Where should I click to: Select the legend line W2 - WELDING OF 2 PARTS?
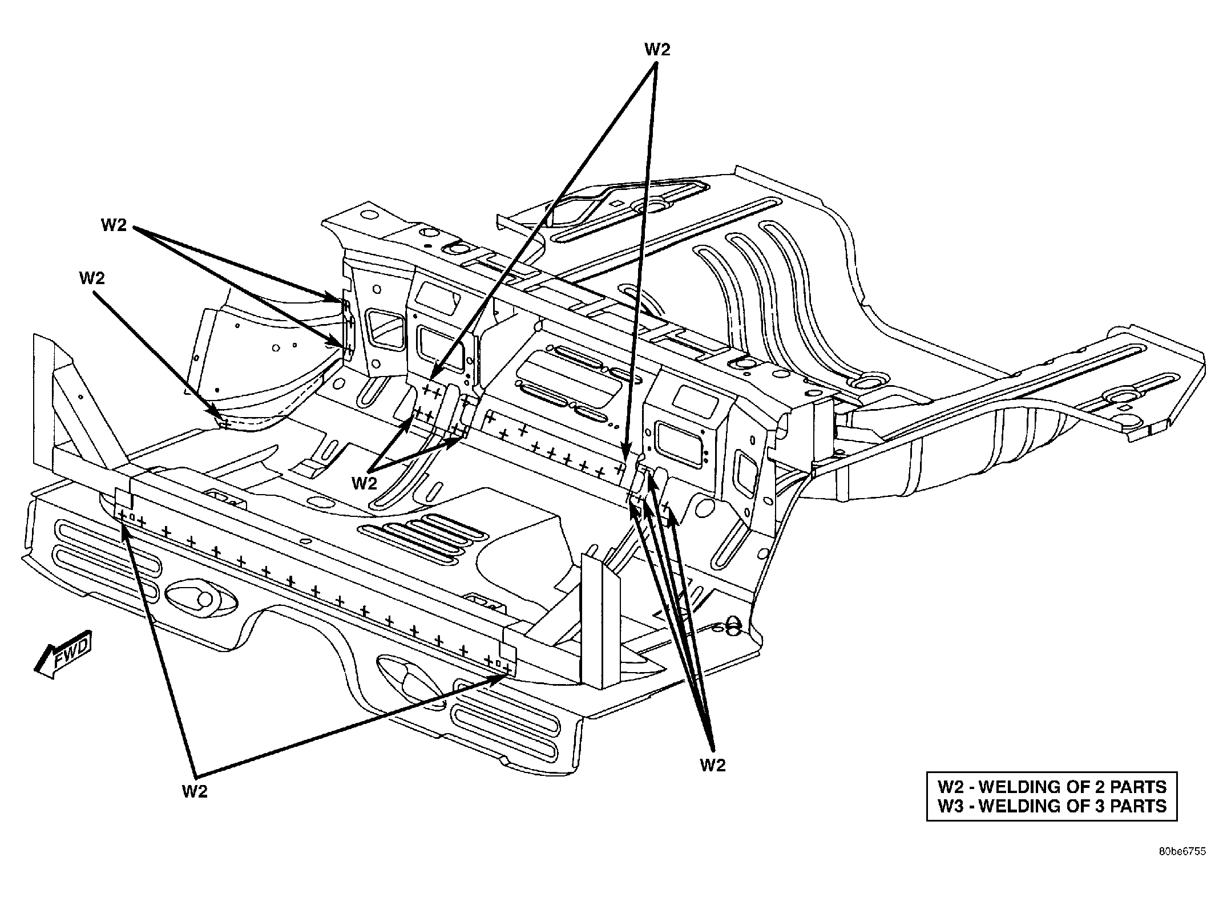click(1052, 787)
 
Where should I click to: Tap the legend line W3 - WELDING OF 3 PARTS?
click(1052, 806)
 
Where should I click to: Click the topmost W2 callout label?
click(657, 50)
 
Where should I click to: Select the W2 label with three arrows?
click(713, 765)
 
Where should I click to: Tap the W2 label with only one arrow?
click(92, 278)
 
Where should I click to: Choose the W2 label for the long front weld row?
click(195, 792)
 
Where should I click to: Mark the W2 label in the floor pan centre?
click(365, 483)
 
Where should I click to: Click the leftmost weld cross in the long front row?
click(122, 515)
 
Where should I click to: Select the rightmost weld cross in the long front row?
click(506, 666)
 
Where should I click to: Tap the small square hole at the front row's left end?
click(132, 517)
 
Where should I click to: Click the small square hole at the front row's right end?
click(498, 664)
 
